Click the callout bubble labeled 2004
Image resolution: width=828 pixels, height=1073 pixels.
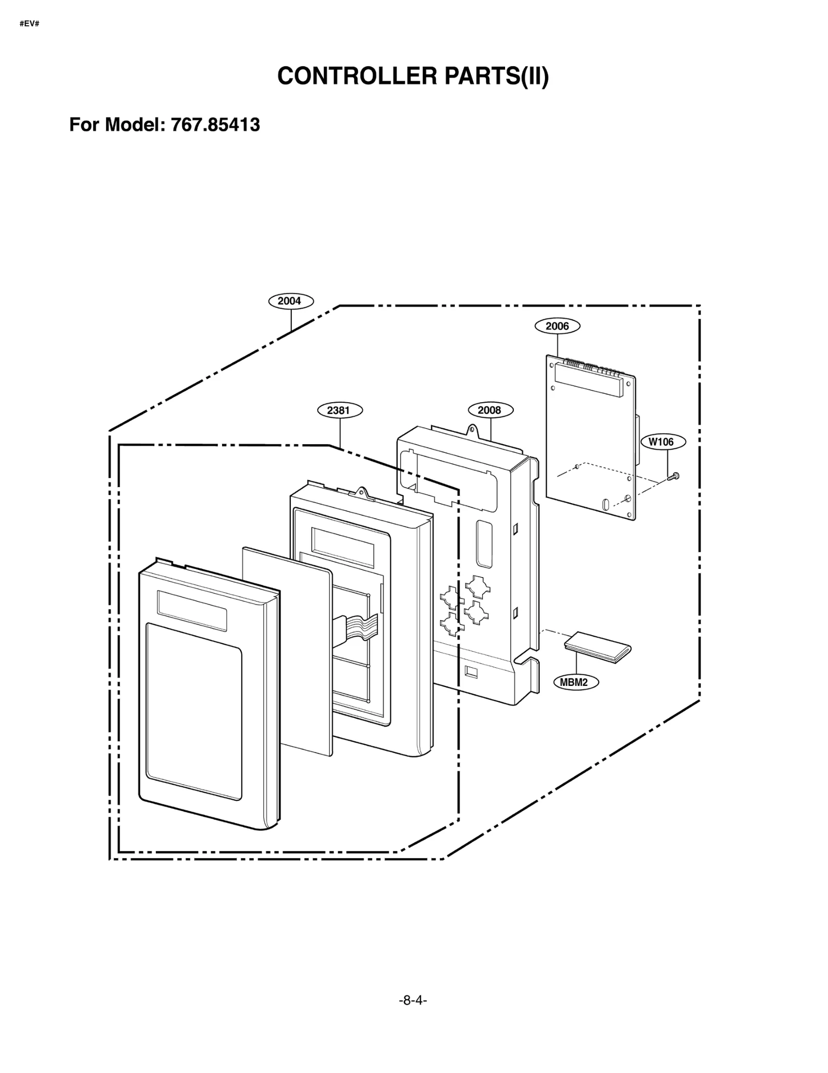pyautogui.click(x=291, y=301)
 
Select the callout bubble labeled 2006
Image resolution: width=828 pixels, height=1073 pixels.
pyautogui.click(x=557, y=326)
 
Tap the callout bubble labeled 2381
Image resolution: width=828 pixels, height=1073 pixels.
pyautogui.click(x=339, y=410)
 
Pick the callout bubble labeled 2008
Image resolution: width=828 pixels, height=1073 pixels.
pyautogui.click(x=491, y=410)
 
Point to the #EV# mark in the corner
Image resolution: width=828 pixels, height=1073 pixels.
pyautogui.click(x=29, y=24)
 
